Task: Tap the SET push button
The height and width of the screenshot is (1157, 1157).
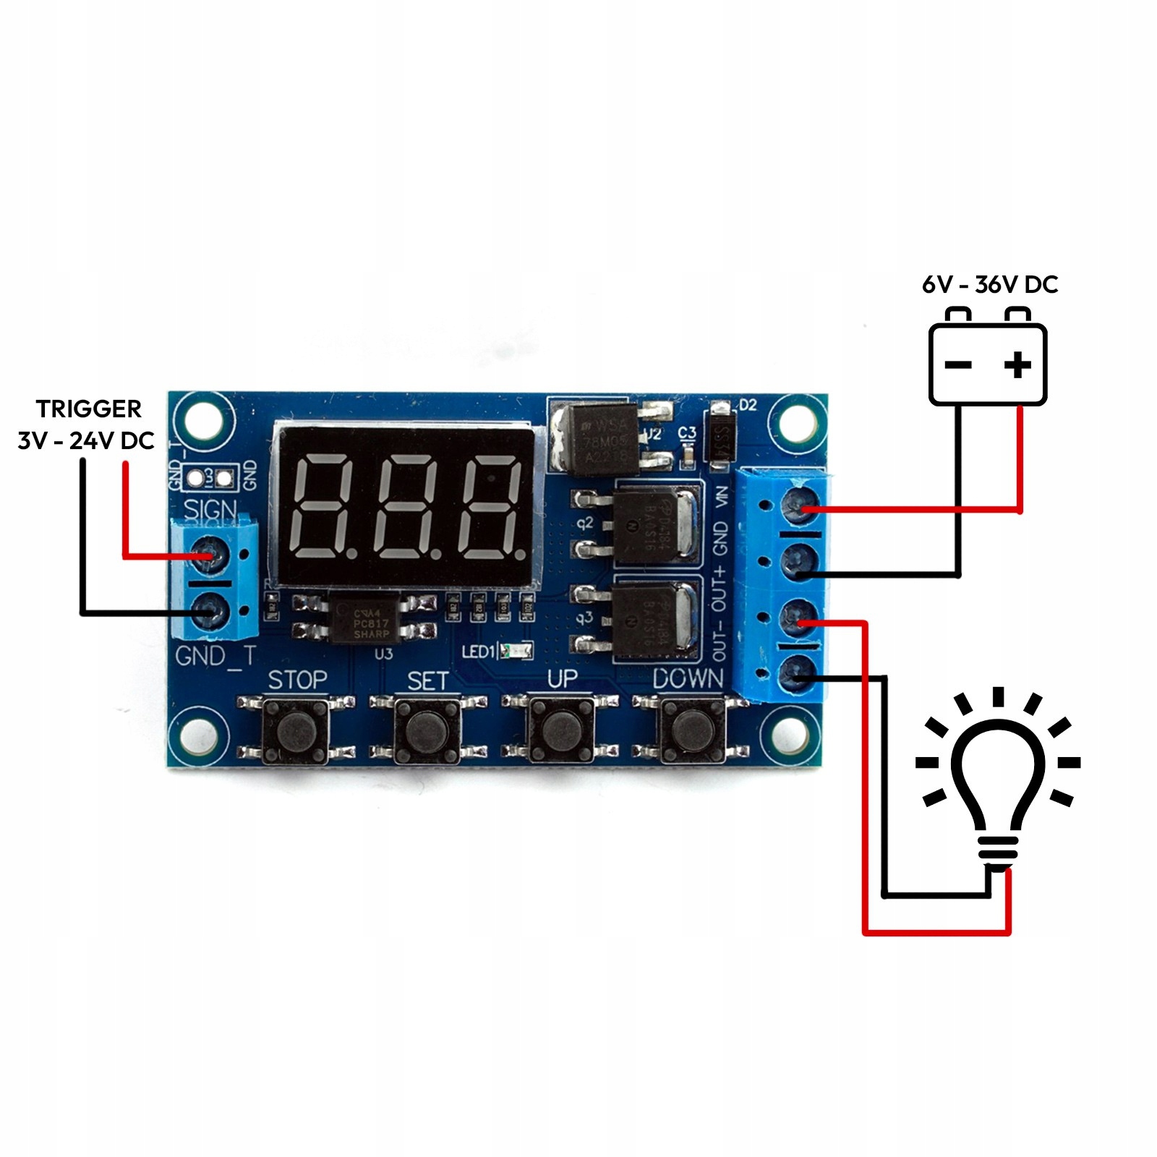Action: coord(427,730)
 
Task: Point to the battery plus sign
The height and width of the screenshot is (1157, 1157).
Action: coord(1017,364)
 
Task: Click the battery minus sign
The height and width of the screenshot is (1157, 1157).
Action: coord(958,364)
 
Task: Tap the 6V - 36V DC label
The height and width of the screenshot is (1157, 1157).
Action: coord(989,285)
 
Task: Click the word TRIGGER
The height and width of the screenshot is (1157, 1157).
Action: coord(88,409)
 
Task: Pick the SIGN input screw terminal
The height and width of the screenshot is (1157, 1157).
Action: coord(210,555)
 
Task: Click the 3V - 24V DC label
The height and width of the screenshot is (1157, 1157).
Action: coord(86,440)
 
